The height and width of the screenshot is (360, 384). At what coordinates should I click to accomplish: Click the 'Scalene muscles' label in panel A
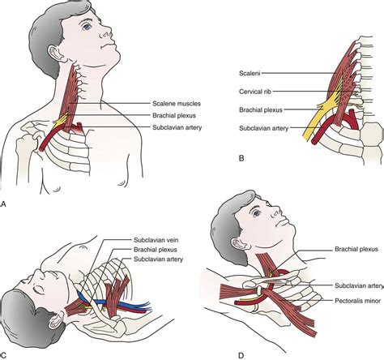177,104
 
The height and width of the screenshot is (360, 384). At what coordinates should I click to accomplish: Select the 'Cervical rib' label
255,92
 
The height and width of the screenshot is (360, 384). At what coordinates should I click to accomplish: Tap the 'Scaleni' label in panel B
250,73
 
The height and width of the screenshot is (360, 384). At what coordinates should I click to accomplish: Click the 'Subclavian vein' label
156,240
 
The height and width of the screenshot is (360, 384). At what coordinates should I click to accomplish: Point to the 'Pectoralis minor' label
358,301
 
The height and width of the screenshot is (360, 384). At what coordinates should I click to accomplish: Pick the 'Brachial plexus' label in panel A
174,116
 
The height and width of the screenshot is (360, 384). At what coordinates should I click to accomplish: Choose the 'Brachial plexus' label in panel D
356,249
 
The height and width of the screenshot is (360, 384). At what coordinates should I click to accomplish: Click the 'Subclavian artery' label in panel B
264,128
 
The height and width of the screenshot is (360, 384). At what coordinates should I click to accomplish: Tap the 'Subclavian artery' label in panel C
159,259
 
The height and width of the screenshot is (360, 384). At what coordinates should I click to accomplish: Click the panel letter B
241,158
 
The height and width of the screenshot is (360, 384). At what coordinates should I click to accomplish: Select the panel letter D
241,355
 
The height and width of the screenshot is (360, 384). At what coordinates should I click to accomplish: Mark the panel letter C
3,355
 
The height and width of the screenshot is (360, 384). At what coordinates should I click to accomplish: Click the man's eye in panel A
87,27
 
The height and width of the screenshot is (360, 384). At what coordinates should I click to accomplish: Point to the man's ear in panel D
238,244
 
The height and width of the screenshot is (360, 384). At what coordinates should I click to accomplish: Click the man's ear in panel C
56,319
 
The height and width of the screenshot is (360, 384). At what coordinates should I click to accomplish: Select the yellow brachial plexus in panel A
62,121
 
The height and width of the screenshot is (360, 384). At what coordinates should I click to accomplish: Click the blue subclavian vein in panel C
113,302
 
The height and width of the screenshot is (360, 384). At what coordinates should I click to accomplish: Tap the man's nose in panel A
107,32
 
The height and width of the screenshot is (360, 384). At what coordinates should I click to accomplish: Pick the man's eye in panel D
257,213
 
